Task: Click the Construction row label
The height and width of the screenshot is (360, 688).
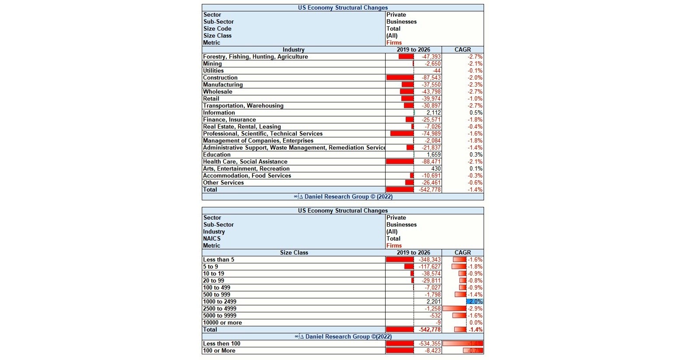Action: (220, 78)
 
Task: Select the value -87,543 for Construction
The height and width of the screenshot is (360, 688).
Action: (431, 78)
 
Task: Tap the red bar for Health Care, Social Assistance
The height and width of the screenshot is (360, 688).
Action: (400, 162)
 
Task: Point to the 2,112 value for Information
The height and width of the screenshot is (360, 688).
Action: (433, 113)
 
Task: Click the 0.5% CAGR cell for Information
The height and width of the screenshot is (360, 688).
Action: (476, 113)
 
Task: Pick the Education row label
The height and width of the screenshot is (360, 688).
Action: (217, 155)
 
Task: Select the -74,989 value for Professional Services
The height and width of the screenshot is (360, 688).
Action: (431, 134)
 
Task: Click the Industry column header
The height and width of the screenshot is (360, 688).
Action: (293, 50)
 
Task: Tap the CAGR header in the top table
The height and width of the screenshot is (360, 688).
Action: (463, 50)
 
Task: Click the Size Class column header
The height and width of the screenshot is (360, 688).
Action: (294, 253)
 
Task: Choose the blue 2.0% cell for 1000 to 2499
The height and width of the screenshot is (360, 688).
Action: (475, 302)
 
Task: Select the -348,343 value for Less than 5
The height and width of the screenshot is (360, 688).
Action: (430, 260)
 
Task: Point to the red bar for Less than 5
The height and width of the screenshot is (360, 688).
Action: (400, 260)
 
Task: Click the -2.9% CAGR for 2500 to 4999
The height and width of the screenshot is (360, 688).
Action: (475, 309)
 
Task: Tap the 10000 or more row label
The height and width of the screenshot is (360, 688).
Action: (222, 323)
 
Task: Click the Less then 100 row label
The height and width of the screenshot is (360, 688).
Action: (221, 344)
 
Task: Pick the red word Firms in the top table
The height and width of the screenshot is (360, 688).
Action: (394, 43)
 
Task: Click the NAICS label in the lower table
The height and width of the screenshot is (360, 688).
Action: (212, 239)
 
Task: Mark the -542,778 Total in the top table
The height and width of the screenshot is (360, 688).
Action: (430, 190)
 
